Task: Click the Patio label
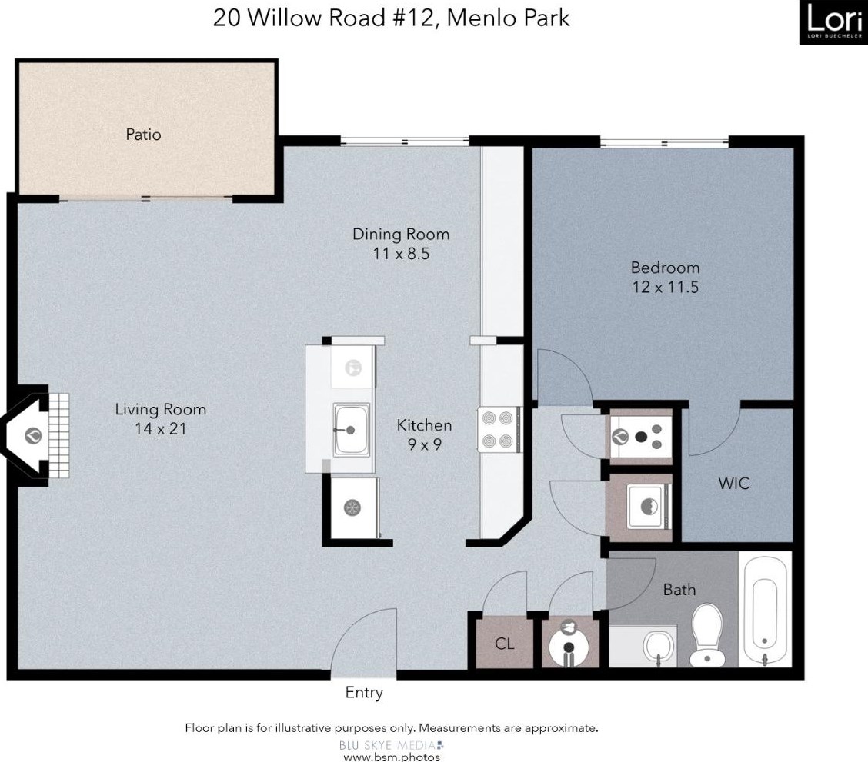pos(143,135)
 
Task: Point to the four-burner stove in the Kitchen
pos(496,430)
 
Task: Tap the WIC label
pos(733,484)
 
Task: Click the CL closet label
pos(504,644)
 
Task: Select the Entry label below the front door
pos(364,693)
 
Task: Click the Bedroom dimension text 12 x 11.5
pos(665,288)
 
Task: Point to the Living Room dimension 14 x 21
pos(160,429)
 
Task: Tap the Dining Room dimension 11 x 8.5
pos(400,254)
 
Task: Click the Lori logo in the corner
pos(833,22)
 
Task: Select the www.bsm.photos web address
pos(391,757)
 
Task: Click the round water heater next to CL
pos(568,643)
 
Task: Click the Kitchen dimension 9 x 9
pos(423,444)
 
